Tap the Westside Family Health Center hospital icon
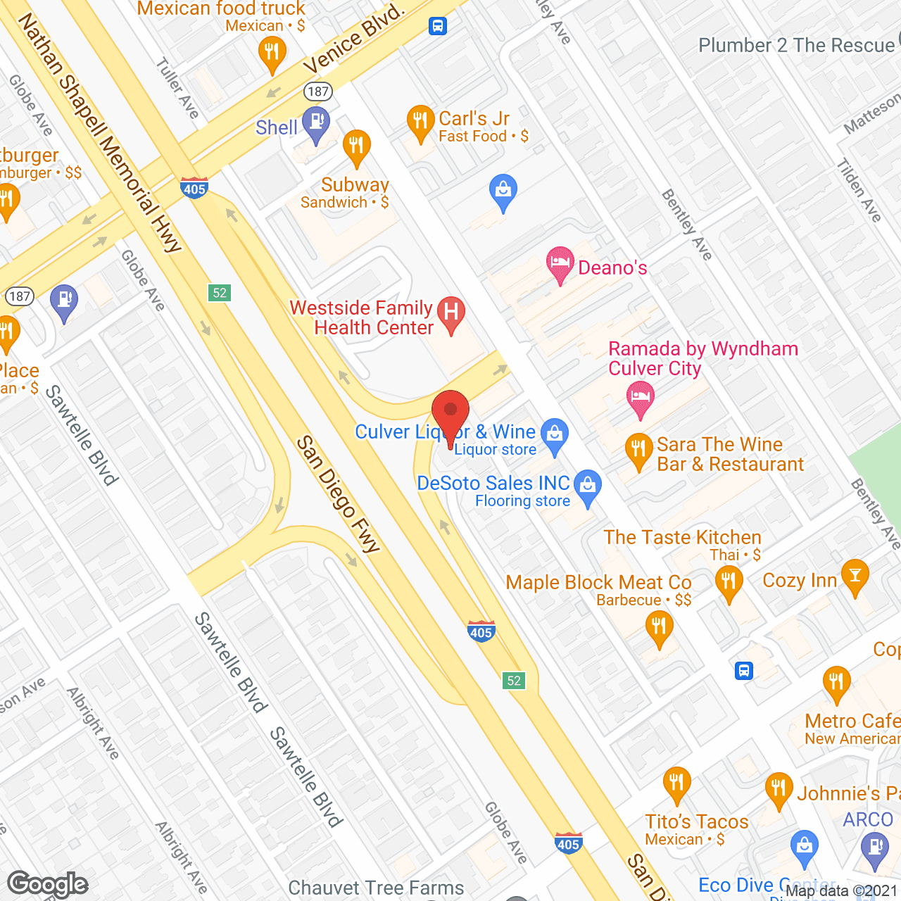(x=451, y=313)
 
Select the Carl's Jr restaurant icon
(x=420, y=122)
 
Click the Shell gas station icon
(x=316, y=122)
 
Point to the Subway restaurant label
(x=355, y=185)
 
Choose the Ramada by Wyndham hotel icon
(x=640, y=398)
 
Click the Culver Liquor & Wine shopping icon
(x=555, y=434)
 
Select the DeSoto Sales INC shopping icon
(x=588, y=486)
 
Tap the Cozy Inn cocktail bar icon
(x=855, y=576)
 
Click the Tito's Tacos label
(x=696, y=821)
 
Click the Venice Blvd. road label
(x=353, y=39)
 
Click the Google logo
(x=48, y=884)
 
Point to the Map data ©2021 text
(x=841, y=891)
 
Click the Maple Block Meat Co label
(x=598, y=583)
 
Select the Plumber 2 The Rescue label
(x=796, y=46)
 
